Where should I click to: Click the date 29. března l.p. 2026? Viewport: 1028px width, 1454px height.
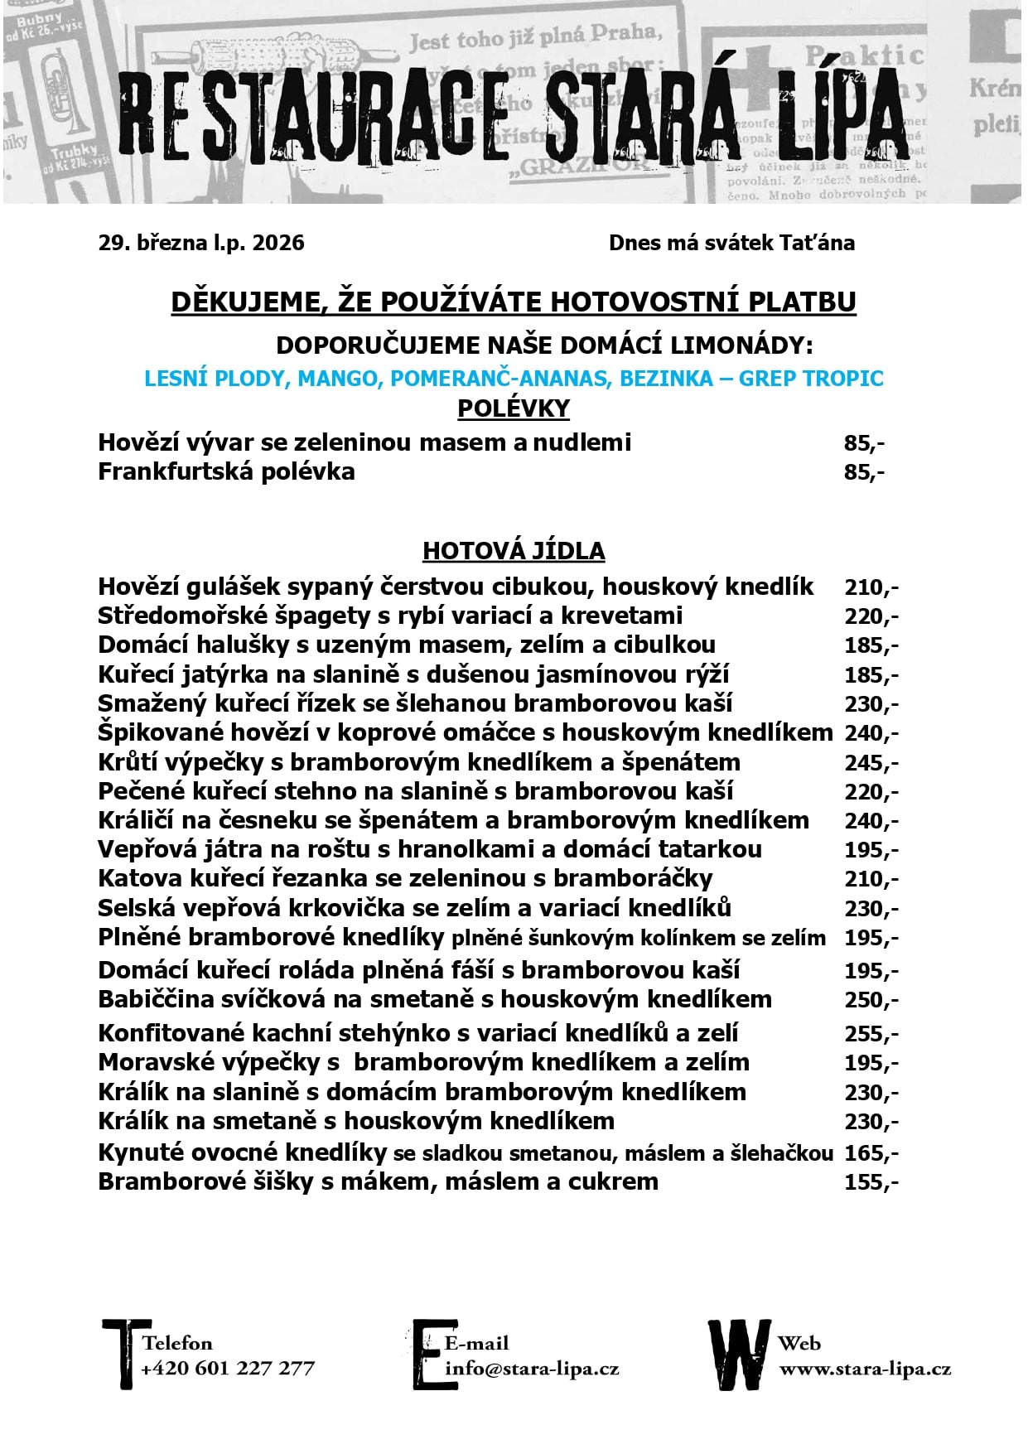pos(201,243)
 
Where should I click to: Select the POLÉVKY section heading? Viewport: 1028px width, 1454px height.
pos(514,408)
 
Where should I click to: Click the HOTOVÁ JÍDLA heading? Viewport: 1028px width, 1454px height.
pos(514,551)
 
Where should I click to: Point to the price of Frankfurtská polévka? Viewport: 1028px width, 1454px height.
pos(864,472)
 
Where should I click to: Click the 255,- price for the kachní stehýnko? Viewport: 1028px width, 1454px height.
pos(871,1034)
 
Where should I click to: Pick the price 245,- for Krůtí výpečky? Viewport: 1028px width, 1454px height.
pos(871,763)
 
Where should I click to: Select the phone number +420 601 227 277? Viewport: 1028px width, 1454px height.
pos(228,1368)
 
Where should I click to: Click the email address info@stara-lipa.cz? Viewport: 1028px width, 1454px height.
pos(532,1368)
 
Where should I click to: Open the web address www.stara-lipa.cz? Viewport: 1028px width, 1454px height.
pos(864,1369)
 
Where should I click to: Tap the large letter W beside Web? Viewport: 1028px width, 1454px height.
pos(738,1354)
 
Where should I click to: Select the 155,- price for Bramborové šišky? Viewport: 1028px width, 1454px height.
pos(871,1182)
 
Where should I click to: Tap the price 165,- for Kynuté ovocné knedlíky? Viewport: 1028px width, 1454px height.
pos(871,1153)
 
